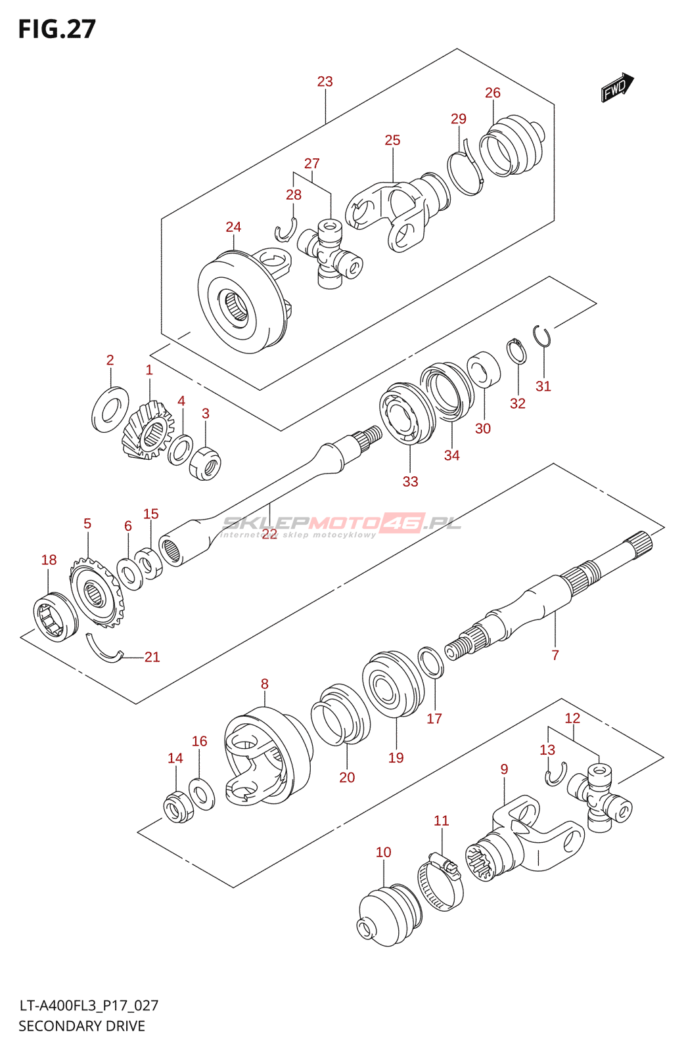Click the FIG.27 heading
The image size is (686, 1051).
pos(57,29)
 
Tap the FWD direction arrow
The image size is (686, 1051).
pos(617,87)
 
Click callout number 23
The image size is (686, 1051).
pos(325,81)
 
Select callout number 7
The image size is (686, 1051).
pos(555,655)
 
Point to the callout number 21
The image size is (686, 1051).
pos(152,657)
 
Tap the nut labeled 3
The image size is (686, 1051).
pos(205,464)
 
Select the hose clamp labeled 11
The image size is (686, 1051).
pos(440,881)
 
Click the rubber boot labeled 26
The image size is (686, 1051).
pos(513,145)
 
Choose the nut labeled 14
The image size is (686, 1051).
pos(178,806)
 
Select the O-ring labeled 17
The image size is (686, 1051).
pos(430,662)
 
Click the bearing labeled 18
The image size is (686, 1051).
pos(56,617)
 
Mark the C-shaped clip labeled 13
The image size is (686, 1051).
pos(556,774)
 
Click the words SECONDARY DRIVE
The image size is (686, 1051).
pos(81,1026)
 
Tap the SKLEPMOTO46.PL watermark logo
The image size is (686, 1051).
pos(341,525)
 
